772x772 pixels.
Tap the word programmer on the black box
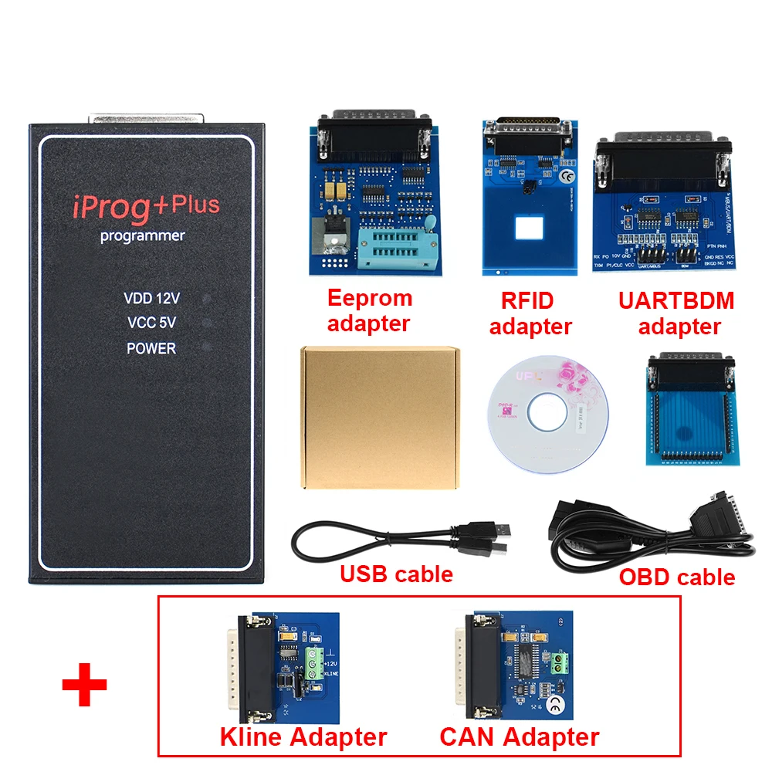(143, 236)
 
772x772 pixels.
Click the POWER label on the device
(151, 348)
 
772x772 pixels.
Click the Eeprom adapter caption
(370, 310)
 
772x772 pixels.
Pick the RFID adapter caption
(530, 313)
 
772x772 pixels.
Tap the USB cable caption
(396, 574)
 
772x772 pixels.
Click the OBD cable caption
(677, 577)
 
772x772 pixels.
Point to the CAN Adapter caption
(519, 736)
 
